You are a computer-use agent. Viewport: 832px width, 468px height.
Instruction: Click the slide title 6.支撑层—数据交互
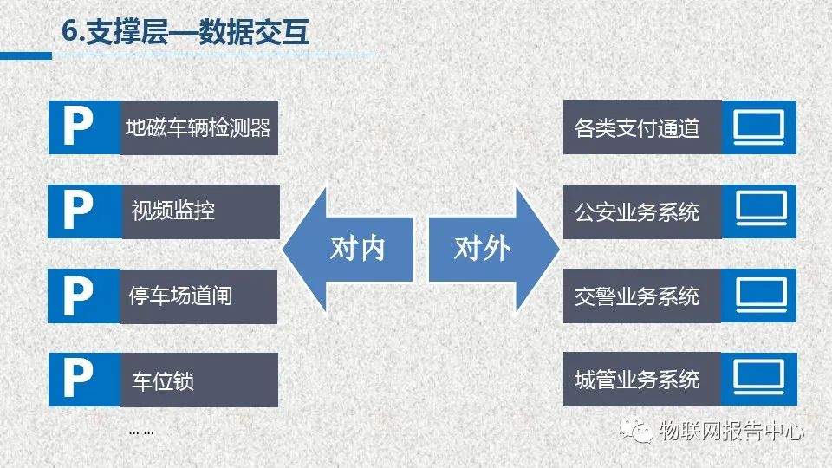coord(185,31)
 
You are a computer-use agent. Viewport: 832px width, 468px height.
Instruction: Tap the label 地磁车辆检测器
coord(198,128)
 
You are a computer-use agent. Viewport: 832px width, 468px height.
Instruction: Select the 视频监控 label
coord(173,211)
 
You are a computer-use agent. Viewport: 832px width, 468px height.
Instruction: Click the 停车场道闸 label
coord(180,296)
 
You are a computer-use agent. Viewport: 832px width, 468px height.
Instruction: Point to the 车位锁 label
coord(163,380)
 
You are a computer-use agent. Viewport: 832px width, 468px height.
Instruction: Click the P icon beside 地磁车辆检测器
coord(78,127)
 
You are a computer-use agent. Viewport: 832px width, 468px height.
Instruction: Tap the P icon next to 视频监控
coord(78,211)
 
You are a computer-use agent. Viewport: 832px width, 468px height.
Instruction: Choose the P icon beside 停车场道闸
coord(78,296)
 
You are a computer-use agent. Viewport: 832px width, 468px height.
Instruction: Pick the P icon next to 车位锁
coord(78,379)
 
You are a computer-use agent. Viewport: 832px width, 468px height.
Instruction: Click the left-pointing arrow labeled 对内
coord(348,249)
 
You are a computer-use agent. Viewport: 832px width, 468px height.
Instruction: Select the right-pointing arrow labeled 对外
coord(494,249)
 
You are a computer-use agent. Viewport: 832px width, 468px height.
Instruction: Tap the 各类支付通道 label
coord(637,128)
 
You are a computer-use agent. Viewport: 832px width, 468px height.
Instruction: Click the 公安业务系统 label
coord(637,211)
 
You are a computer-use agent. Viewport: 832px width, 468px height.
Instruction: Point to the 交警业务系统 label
coord(637,296)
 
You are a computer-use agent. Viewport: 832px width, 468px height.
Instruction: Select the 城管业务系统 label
coord(637,380)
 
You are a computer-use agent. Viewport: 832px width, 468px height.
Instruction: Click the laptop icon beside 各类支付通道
coord(759,127)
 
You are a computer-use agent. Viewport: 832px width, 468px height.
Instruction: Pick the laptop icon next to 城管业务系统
coord(759,377)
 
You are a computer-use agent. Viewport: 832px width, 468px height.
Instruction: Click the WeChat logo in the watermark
coord(636,430)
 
